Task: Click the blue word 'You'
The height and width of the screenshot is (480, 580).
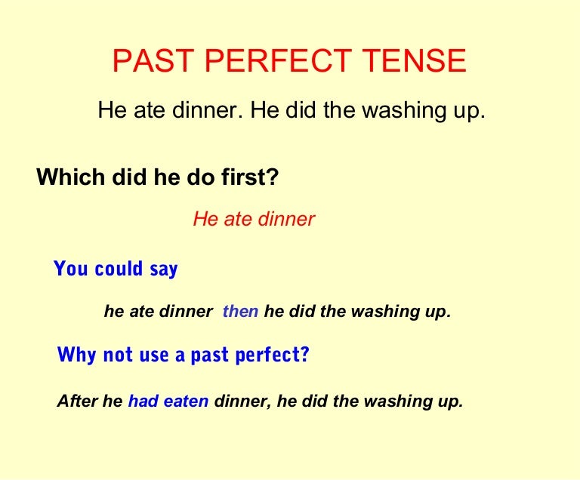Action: tap(71, 269)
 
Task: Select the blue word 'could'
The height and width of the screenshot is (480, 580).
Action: tap(119, 269)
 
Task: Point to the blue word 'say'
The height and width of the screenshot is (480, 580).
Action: tap(163, 269)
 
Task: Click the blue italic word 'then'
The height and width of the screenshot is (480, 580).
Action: tap(240, 312)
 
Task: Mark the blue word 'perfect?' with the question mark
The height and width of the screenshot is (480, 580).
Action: tap(274, 355)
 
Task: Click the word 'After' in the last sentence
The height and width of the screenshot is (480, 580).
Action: tap(78, 402)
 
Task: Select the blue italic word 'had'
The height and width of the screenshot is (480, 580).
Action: tap(143, 402)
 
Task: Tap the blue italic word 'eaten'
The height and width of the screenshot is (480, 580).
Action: tap(186, 402)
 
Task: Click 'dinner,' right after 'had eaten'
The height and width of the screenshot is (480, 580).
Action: tap(243, 402)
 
